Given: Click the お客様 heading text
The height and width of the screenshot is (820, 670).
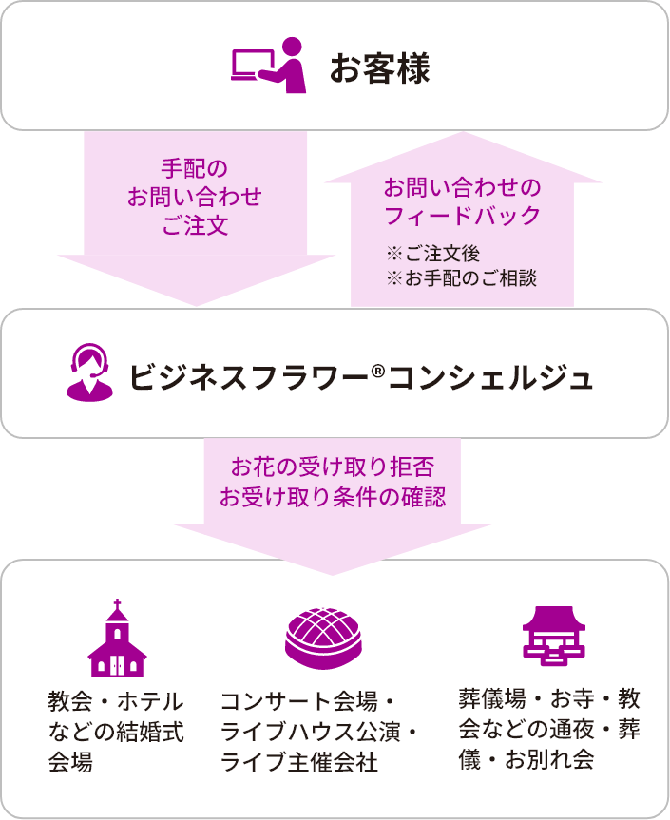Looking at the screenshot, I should (x=379, y=68).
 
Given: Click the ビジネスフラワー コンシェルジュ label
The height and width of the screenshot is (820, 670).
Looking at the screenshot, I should (x=361, y=377).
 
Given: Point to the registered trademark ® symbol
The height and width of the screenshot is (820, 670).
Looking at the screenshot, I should (x=377, y=367).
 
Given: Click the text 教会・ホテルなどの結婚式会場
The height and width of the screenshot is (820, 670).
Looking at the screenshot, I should (x=115, y=732).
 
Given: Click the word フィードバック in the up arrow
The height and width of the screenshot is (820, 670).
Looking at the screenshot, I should (x=462, y=216).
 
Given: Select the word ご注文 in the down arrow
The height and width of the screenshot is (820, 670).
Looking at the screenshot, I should (x=195, y=226).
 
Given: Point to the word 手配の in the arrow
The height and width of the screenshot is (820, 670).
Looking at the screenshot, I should (x=195, y=170).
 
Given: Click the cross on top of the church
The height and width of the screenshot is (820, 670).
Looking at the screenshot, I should (x=117, y=604).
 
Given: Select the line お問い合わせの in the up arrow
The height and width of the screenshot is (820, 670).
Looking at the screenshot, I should (x=462, y=186).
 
